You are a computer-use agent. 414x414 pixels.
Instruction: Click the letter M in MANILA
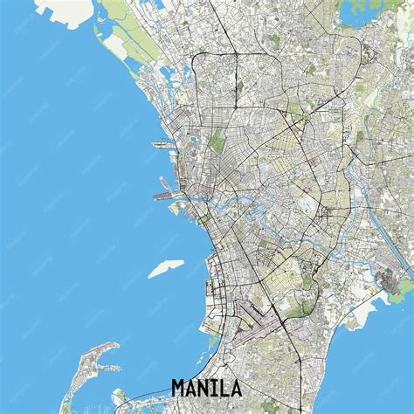[x=181, y=387]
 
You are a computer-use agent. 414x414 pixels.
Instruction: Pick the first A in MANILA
[x=197, y=387]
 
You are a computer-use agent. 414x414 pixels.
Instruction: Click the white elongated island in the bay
[x=165, y=268]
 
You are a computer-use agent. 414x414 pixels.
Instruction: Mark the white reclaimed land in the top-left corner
[x=66, y=10]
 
